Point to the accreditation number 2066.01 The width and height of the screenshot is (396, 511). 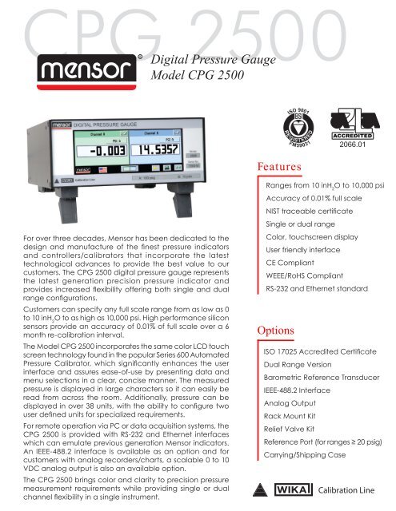pos(362,145)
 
